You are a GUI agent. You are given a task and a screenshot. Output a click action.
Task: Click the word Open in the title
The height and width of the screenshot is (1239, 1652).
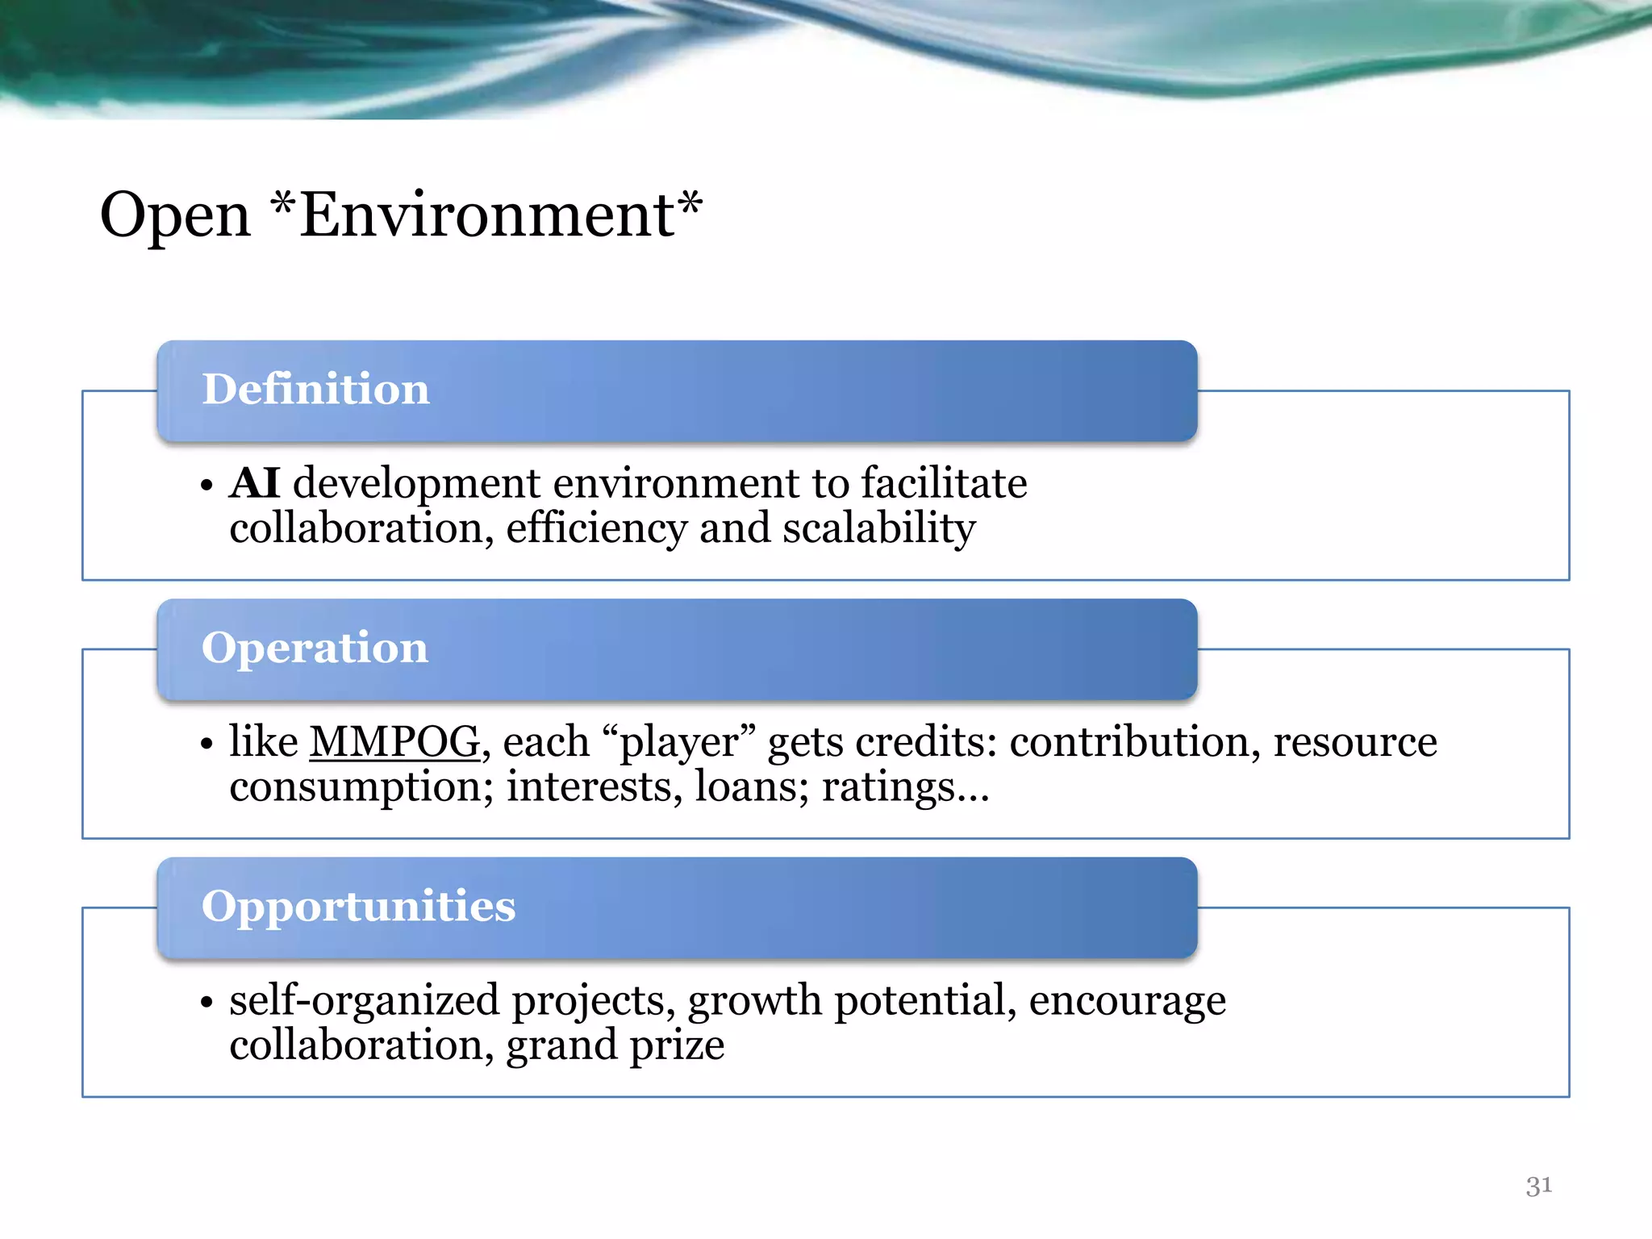click(175, 216)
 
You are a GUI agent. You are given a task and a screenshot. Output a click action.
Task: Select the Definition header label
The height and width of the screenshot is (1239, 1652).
click(315, 389)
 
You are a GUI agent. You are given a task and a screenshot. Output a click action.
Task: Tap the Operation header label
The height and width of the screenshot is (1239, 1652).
click(315, 648)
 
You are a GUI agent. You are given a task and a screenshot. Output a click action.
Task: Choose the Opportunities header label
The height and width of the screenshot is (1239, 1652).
click(358, 906)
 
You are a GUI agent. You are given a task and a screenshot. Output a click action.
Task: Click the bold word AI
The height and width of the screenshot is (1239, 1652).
click(255, 484)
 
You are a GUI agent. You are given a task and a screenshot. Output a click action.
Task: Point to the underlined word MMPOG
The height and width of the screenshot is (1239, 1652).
click(394, 742)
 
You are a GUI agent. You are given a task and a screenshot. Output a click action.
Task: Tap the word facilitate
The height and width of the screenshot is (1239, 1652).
click(944, 484)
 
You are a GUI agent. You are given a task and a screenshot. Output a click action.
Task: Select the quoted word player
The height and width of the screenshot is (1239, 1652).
click(679, 742)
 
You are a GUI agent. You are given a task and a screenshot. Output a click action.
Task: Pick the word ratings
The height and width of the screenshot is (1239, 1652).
click(888, 786)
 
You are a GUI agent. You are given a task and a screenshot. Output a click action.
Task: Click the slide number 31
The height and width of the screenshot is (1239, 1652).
click(1538, 1186)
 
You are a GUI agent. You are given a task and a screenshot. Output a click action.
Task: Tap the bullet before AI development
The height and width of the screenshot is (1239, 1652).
click(206, 486)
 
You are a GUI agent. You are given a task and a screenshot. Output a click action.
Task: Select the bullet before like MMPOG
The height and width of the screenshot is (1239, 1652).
click(206, 744)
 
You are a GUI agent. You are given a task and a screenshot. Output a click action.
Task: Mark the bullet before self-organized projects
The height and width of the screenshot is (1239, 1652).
click(206, 1003)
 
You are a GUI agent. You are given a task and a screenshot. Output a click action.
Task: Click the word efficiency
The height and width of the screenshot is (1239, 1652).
click(596, 529)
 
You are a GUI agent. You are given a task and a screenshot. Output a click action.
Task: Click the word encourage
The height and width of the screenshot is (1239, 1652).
click(1127, 1001)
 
